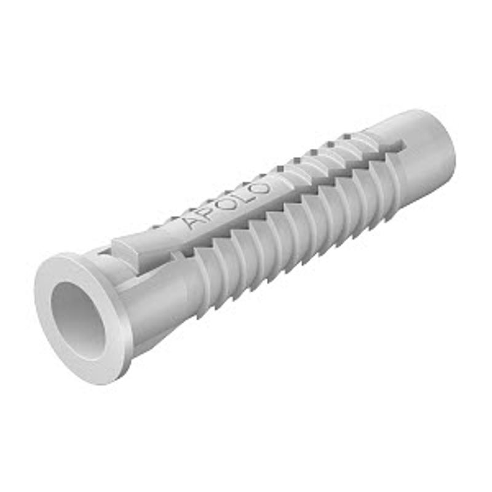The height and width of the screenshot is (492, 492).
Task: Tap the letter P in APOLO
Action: [208, 213]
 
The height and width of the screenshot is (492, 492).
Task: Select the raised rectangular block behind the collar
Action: [132, 251]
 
